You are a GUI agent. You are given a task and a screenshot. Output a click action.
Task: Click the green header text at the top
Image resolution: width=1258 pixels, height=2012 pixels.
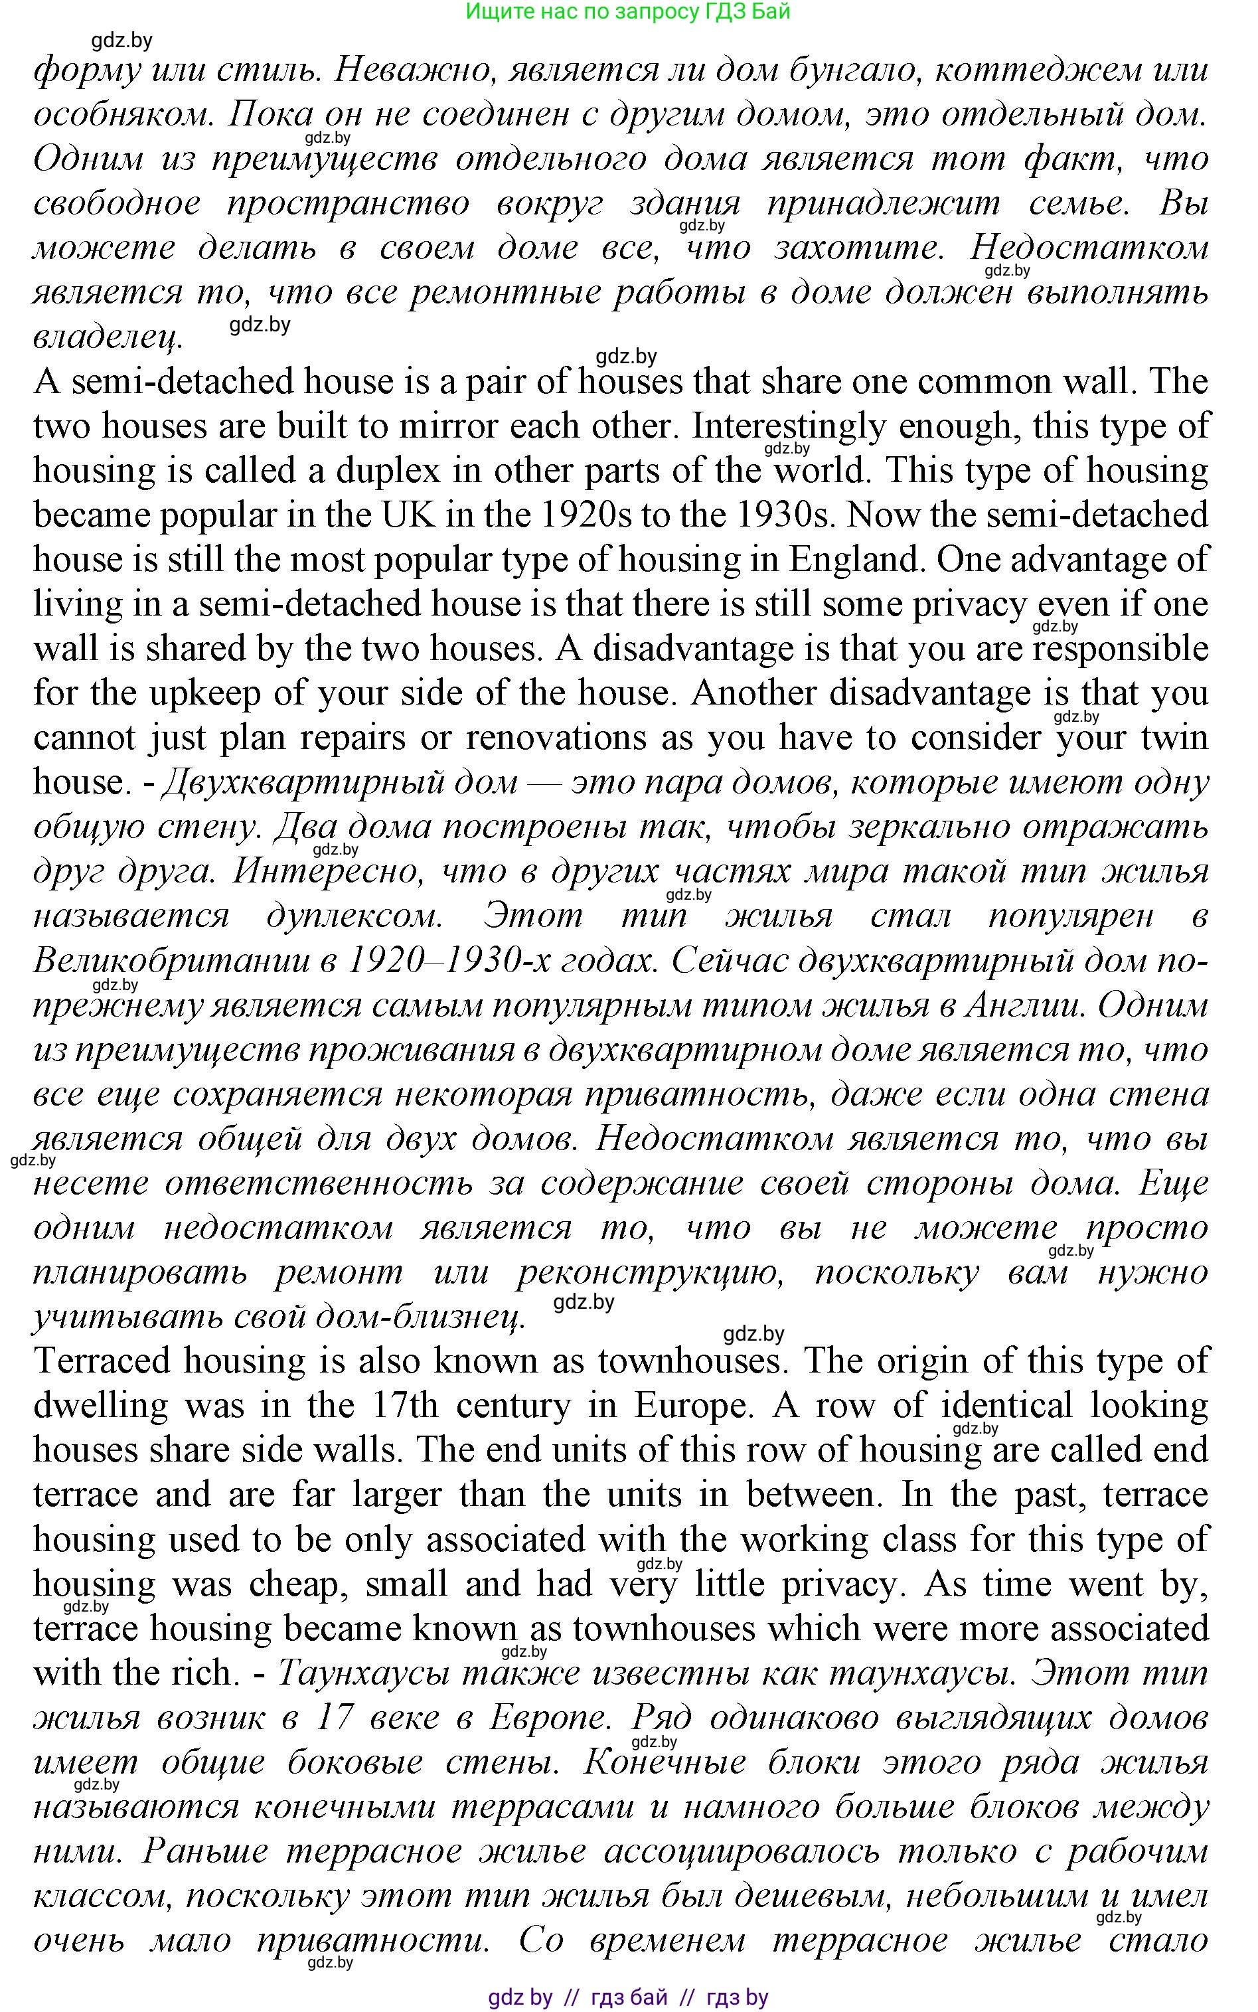(627, 12)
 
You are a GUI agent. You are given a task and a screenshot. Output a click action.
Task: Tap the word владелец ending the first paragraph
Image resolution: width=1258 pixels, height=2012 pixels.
(106, 337)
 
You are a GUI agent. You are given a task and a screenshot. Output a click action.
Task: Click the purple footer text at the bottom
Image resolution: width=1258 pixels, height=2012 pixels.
(628, 1996)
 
